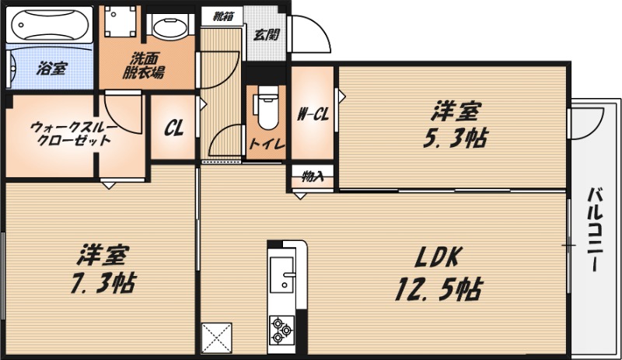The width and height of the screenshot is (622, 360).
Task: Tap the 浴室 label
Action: (x=52, y=68)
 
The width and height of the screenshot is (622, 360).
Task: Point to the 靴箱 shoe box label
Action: (x=223, y=16)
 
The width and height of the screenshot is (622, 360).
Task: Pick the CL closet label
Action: (x=173, y=128)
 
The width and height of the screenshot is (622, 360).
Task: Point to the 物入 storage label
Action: (x=313, y=177)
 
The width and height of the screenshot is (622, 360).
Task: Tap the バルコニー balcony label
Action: (x=595, y=229)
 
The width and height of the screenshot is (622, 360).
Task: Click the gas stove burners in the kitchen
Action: (x=281, y=330)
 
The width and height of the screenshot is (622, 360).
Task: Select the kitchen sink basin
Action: (x=282, y=271)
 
